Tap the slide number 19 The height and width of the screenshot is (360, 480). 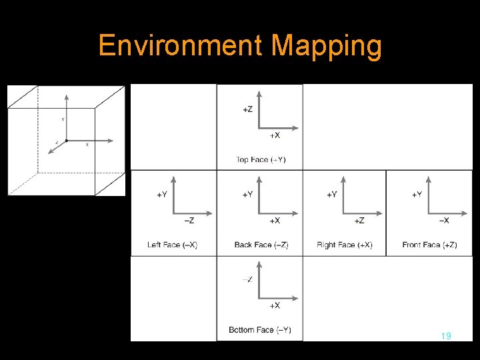click(446, 336)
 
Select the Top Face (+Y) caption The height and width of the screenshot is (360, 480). click(261, 159)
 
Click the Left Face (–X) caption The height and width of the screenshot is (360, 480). click(172, 245)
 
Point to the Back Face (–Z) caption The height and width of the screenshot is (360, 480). click(261, 245)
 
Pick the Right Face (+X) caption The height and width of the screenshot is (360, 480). click(345, 245)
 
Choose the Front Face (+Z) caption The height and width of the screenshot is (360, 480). click(429, 245)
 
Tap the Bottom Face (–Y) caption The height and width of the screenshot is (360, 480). click(260, 330)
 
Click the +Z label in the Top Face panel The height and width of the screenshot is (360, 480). click(248, 109)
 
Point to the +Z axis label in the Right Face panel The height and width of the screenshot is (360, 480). click(359, 220)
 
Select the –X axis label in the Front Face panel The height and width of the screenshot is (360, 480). click(443, 220)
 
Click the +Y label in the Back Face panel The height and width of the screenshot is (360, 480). click(247, 194)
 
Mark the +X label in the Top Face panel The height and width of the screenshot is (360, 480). click(274, 135)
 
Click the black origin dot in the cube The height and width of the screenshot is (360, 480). click(67, 141)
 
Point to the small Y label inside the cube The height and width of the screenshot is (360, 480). click(63, 120)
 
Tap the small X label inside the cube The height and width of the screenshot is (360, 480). click(87, 145)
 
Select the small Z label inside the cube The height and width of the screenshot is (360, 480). click(57, 142)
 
